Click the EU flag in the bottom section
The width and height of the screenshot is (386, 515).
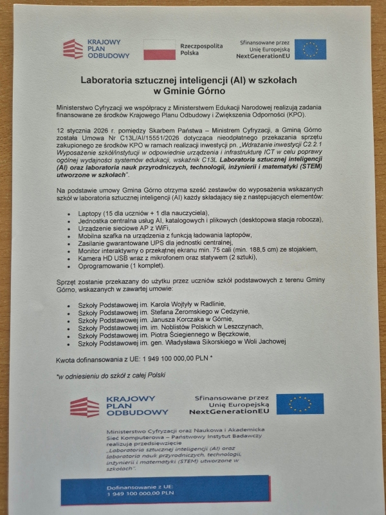pos(300,404)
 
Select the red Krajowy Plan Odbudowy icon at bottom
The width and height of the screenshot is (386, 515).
pos(84,407)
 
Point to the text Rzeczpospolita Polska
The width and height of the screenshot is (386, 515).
pos(201,50)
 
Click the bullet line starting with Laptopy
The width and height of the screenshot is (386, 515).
pos(142,212)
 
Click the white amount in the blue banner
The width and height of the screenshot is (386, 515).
pos(142,496)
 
